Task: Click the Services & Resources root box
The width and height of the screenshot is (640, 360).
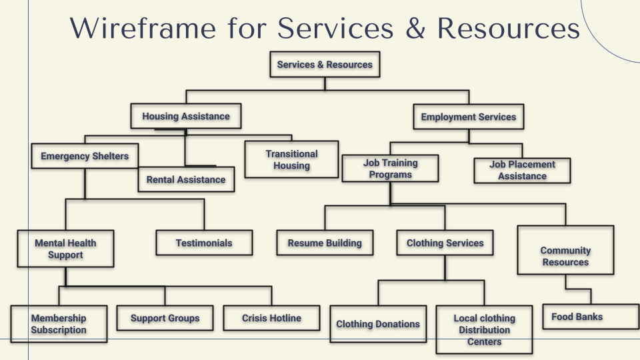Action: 325,65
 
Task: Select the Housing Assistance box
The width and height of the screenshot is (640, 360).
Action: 185,116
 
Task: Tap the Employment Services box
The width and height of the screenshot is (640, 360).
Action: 468,117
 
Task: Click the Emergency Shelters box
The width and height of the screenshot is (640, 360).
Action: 85,156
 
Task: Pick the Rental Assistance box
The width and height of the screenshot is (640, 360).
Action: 186,179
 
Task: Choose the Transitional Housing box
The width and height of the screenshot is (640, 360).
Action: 291,159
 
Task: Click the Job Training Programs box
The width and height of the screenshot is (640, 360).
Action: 390,169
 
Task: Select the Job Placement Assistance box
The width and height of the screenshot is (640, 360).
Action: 522,170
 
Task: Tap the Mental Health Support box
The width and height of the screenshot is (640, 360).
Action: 65,249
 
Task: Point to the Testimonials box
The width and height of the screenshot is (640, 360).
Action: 204,243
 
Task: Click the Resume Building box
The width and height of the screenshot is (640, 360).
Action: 325,243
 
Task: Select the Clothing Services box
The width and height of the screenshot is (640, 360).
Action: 445,243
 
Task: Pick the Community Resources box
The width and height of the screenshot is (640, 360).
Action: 565,256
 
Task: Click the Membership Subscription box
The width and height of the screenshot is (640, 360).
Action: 59,324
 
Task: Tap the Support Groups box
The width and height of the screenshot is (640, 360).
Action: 165,318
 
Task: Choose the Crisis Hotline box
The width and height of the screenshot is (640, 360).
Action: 271,318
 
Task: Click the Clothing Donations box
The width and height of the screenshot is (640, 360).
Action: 378,324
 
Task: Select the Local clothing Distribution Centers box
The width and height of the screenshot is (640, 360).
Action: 484,329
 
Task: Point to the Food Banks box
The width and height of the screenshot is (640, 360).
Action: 577,317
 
